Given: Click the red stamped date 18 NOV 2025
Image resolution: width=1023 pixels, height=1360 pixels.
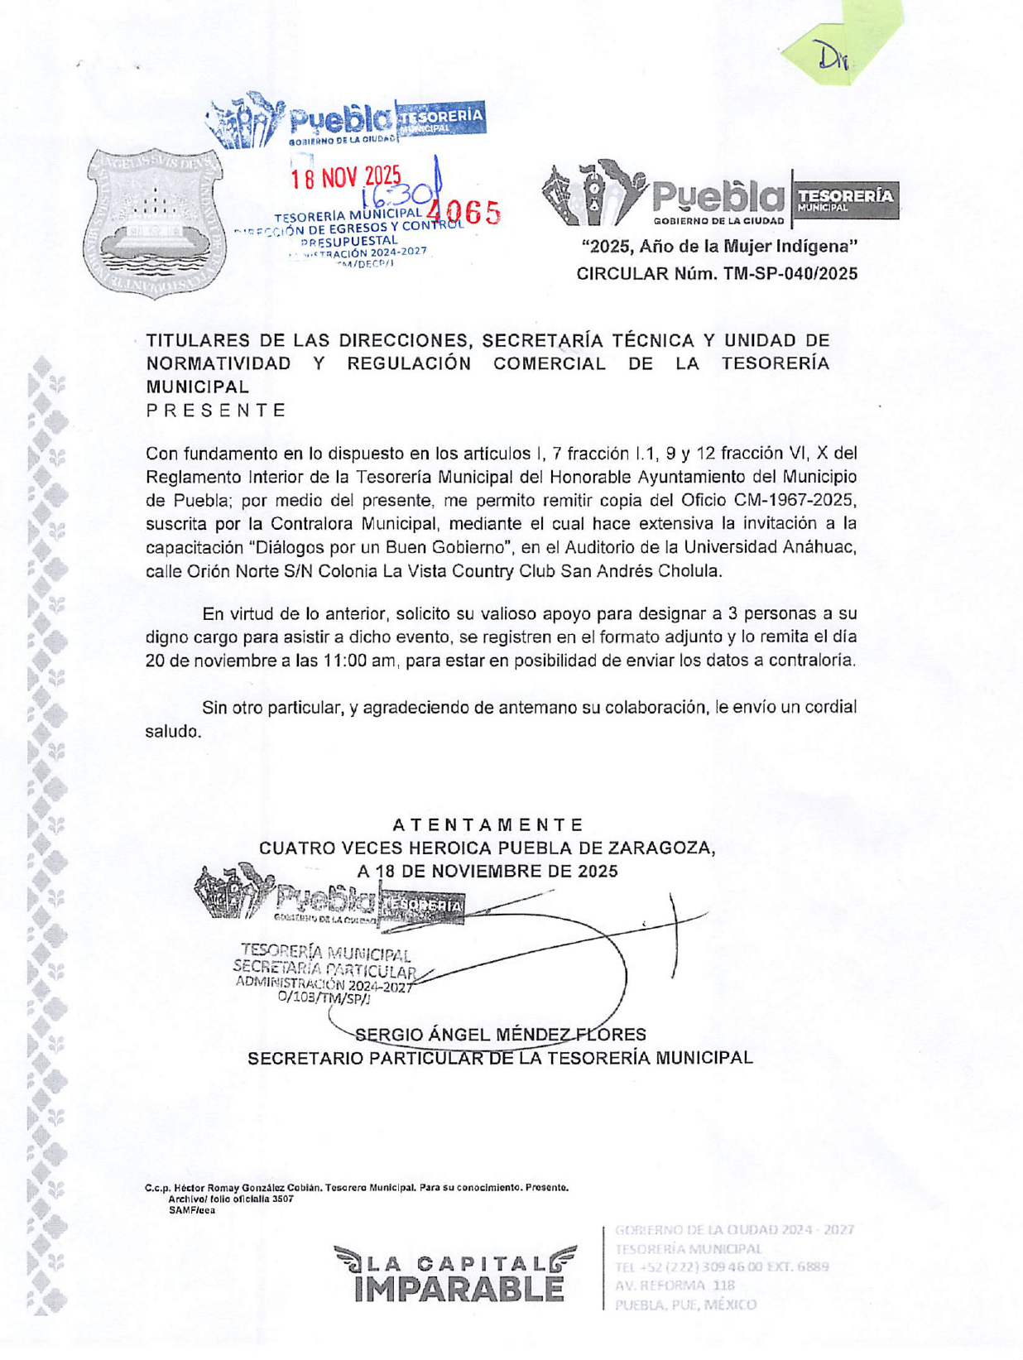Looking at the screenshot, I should (x=345, y=177).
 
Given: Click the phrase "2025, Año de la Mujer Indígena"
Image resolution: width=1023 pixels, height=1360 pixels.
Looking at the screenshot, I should (x=718, y=247).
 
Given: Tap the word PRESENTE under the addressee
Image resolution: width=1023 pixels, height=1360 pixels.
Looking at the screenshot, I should (x=216, y=411).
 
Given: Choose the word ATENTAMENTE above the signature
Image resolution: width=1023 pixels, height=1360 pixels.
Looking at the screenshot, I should (x=487, y=825).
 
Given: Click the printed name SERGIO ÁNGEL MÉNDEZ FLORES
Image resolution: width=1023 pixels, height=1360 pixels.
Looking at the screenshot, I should (x=500, y=1035).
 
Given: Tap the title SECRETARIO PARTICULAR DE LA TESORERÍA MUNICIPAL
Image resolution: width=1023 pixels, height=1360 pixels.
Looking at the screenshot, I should (x=500, y=1059).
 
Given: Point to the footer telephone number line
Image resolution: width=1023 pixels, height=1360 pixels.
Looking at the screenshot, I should (x=721, y=1266).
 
